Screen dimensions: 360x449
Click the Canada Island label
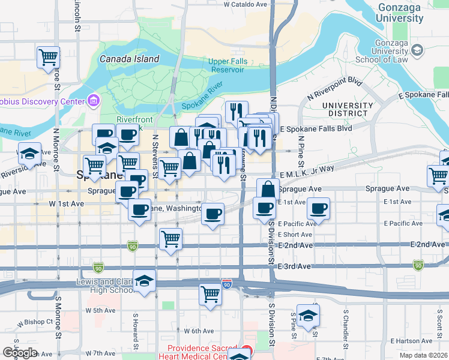(129, 59)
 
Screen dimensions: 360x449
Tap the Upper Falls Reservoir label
(226, 65)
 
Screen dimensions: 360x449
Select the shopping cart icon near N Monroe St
(48, 58)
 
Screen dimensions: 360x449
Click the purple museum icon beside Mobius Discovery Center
(93, 101)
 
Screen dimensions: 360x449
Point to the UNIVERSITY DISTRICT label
(344, 109)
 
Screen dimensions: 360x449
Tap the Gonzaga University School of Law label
(391, 52)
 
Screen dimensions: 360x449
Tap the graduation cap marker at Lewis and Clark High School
(144, 281)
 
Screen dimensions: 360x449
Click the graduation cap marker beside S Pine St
(308, 316)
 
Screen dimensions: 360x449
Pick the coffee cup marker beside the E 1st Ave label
(318, 209)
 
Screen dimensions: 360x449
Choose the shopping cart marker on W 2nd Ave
(171, 238)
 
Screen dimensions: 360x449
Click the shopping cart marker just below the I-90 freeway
(211, 295)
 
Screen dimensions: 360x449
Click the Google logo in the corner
(20, 353)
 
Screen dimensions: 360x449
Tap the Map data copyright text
(423, 355)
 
